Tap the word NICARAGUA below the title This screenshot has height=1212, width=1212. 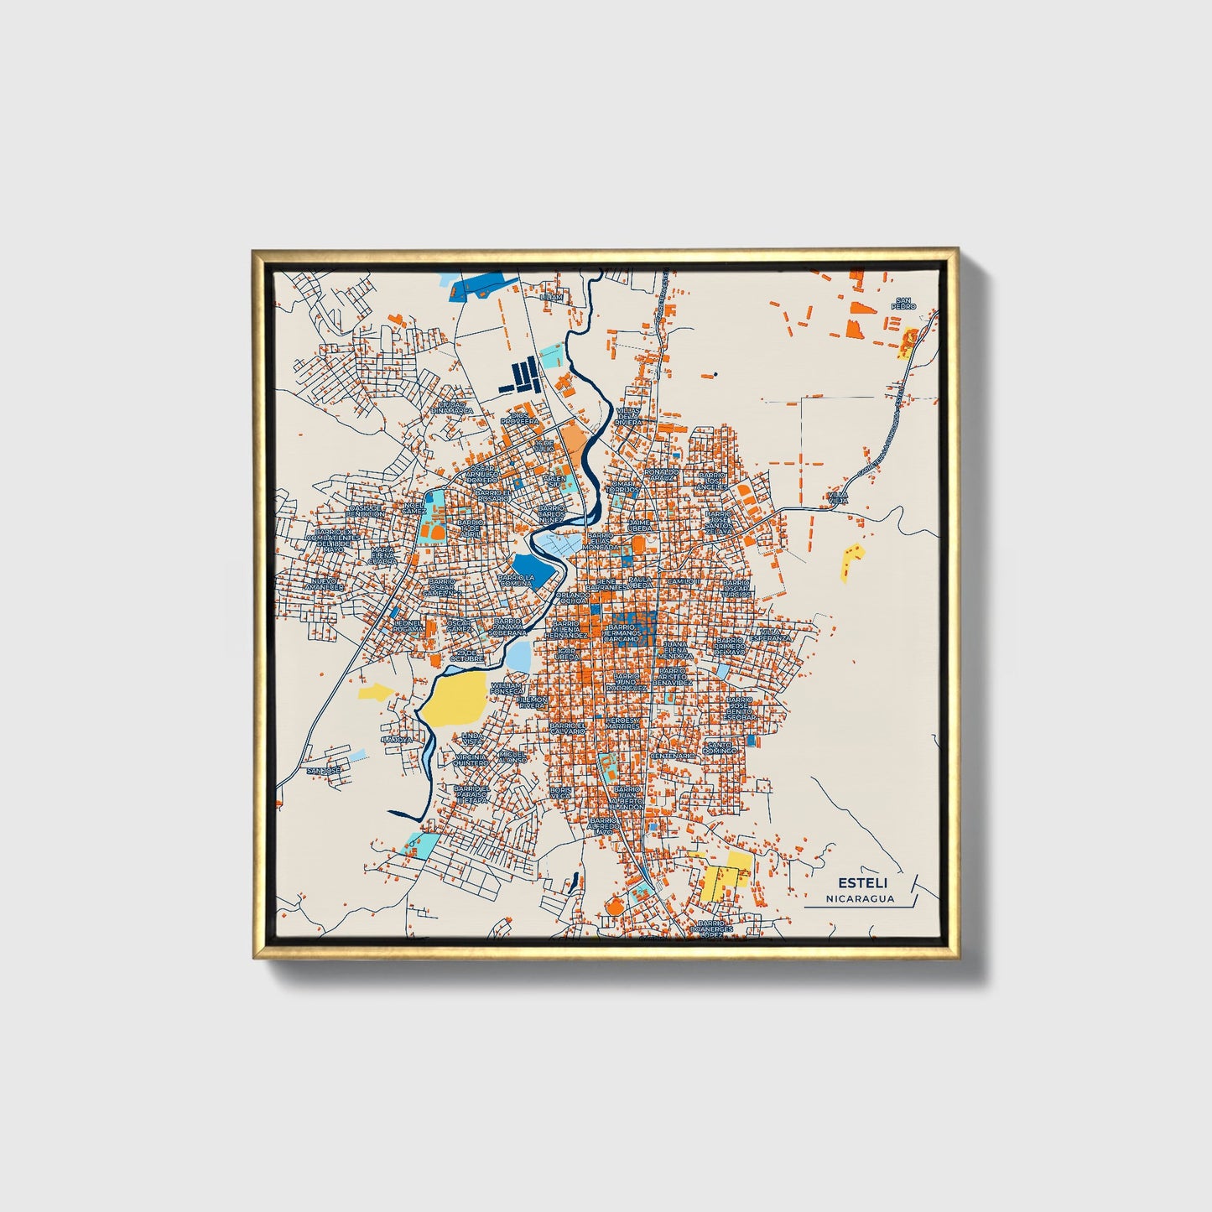pyautogui.click(x=859, y=898)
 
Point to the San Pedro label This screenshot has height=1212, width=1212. pyautogui.click(x=902, y=304)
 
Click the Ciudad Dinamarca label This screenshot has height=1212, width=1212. pyautogui.click(x=452, y=408)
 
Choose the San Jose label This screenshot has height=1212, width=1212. pyautogui.click(x=323, y=770)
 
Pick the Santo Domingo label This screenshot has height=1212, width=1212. pyautogui.click(x=720, y=746)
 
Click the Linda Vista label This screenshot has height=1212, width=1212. pyautogui.click(x=472, y=738)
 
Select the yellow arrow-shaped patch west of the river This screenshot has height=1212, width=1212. pyautogui.click(x=375, y=691)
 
